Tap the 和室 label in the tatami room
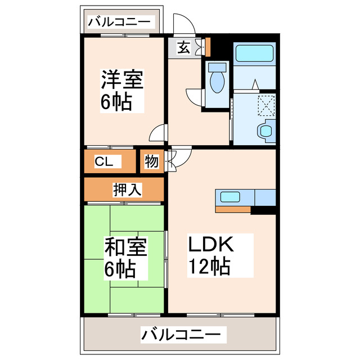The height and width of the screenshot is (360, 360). tap(125, 246)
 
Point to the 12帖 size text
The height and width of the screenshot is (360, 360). tap(209, 267)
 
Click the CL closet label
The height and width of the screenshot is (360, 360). tap(104, 162)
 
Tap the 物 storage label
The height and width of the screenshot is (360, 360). tap(151, 161)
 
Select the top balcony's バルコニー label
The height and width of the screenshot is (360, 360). tap(119, 22)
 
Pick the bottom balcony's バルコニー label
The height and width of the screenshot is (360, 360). tap(181, 335)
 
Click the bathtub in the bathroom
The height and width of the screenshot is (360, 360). tap(254, 55)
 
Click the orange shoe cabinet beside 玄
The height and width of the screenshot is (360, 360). tap(206, 47)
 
